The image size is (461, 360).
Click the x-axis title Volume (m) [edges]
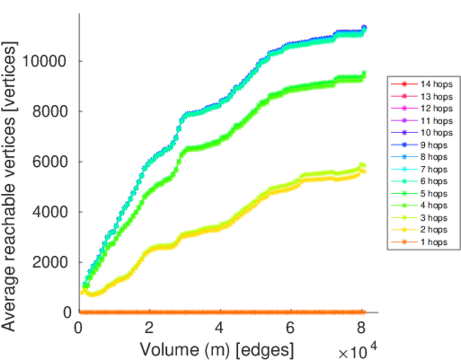(x=217, y=349)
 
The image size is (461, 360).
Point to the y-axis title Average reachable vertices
(x=11, y=186)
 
